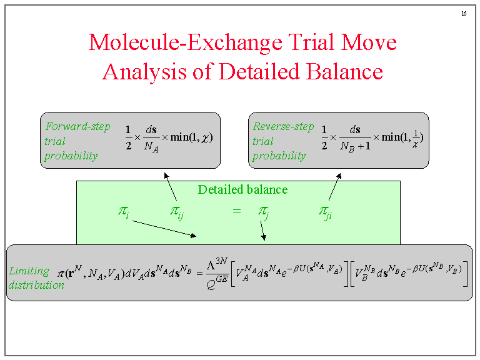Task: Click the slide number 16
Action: (464, 14)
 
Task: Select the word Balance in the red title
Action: (344, 71)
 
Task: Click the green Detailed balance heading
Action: (242, 189)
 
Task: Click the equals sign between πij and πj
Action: (236, 212)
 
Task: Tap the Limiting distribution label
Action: (36, 278)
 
